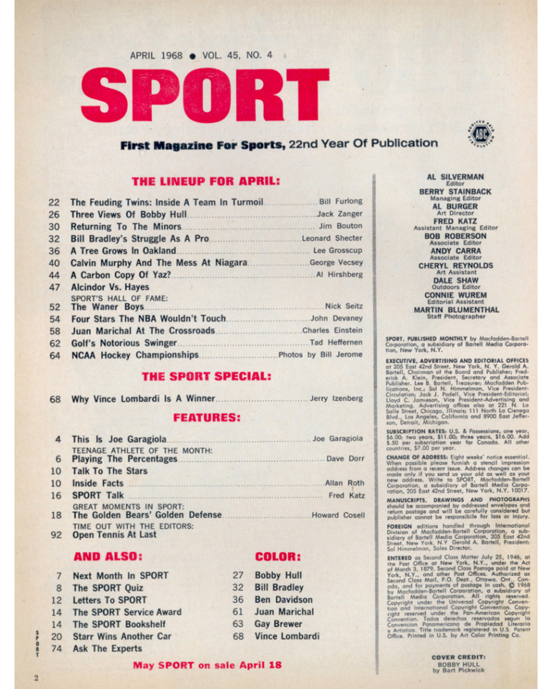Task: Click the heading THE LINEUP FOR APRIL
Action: [205, 182]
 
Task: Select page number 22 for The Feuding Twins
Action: [55, 202]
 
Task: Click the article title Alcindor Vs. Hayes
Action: [110, 288]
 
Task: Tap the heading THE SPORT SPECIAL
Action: [206, 376]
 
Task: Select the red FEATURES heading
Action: [206, 418]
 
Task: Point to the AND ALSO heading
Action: [107, 557]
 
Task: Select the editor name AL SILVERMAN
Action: [454, 177]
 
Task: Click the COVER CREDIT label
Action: [455, 657]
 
